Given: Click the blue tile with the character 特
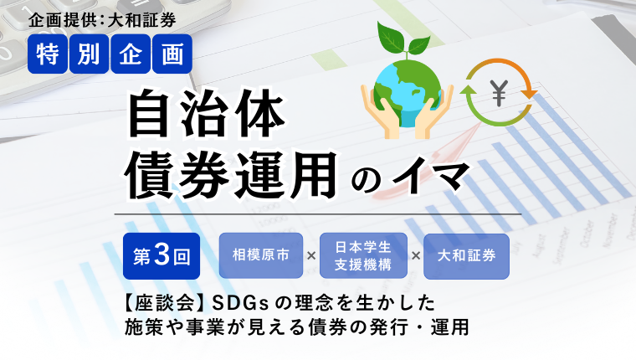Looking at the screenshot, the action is point(48,54).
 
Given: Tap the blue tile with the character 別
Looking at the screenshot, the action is point(90,54).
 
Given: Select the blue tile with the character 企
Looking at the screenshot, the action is point(131,54).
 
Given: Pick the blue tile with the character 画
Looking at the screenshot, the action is point(172,54).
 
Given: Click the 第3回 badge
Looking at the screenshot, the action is point(162,256).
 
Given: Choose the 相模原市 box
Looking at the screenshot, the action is point(261,255).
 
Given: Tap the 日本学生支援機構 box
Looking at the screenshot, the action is point(363,255).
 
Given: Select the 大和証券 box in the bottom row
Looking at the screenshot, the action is point(466,256).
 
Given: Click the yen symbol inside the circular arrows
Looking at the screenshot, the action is point(499,93).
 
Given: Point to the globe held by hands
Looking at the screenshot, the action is point(408,93).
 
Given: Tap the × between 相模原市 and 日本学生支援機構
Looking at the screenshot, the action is point(311,256).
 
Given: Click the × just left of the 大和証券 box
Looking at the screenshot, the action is point(416,256).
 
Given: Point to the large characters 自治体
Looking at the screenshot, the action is point(207,115).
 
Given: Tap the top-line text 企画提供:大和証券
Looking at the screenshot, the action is point(102,20).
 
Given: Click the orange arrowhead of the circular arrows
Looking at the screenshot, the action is point(529,94).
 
